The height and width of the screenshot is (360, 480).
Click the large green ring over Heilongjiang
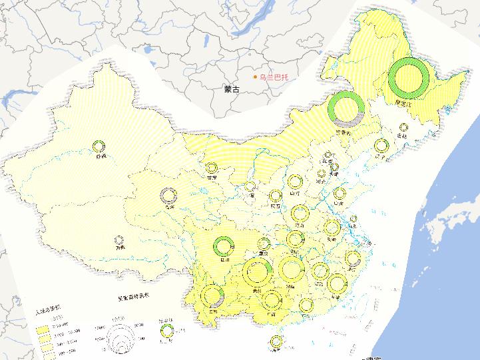408,79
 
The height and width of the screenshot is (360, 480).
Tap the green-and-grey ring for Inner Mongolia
346,109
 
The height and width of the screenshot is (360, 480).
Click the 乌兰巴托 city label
275,78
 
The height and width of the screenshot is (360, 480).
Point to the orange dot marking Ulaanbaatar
254,78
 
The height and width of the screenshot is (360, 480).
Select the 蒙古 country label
232,89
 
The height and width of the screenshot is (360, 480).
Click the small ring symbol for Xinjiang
100,146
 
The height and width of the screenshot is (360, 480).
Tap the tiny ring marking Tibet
119,240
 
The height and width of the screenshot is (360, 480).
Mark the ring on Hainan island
276,341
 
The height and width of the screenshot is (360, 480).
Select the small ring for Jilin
402,128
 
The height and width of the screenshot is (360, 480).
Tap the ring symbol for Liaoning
381,146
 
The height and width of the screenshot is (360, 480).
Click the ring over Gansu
212,168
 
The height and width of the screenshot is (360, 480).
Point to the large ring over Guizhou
258,272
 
